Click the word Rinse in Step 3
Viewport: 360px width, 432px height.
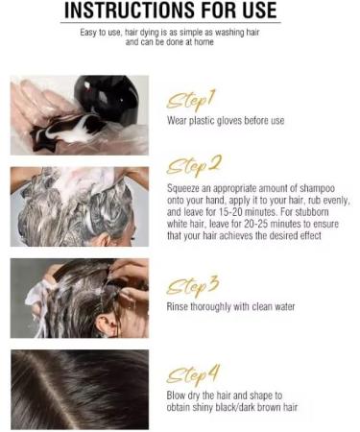pyautogui.click(x=180, y=307)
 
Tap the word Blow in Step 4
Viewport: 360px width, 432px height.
pyautogui.click(x=180, y=395)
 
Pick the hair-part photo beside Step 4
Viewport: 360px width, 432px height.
pyautogui.click(x=80, y=388)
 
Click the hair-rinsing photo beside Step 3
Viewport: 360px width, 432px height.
pyautogui.click(x=80, y=297)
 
